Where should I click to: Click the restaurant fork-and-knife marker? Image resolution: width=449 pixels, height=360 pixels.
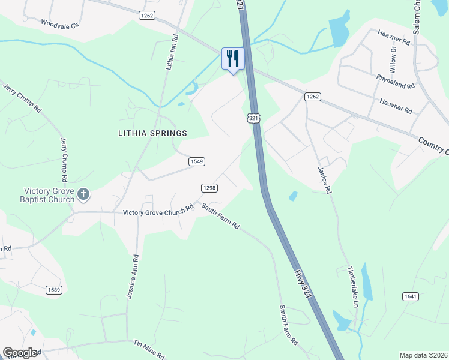click(x=233, y=58)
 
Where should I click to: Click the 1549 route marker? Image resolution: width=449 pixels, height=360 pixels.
click(x=197, y=161)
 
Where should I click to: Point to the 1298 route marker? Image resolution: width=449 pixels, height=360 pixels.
click(x=209, y=188)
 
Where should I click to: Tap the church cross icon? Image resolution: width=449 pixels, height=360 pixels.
click(x=83, y=194)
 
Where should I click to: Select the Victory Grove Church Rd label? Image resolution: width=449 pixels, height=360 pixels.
click(x=158, y=212)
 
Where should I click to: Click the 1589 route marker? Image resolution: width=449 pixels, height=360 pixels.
click(x=54, y=290)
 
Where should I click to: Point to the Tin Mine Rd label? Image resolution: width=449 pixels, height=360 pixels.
click(x=149, y=348)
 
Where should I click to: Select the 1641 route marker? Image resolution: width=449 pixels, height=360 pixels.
click(x=410, y=296)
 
